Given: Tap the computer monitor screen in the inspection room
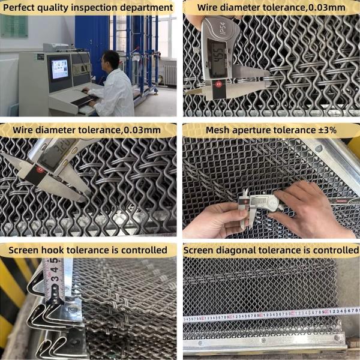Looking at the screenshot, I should coord(59,70).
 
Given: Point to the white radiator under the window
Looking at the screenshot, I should coord(170,75).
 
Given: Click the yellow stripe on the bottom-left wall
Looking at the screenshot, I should coord(12,282).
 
